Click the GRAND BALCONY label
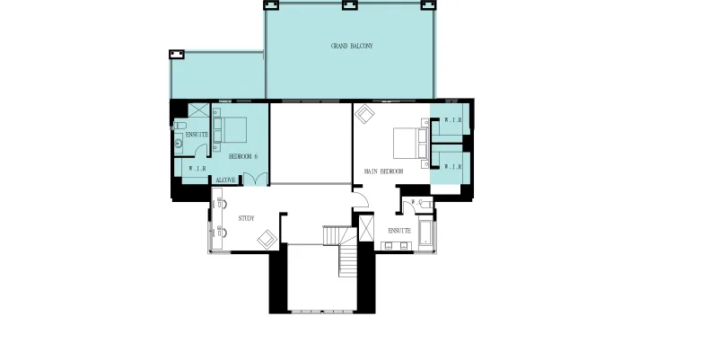[352, 46]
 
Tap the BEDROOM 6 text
[242, 156]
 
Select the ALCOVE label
[225, 180]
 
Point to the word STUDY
[246, 218]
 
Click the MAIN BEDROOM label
[383, 171]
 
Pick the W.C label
[416, 201]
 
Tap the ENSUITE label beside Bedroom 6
[197, 135]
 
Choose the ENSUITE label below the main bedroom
[399, 231]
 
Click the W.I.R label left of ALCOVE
[197, 169]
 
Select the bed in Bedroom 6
[230, 130]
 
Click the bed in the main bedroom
[411, 143]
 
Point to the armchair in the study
[267, 239]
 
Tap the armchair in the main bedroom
[365, 114]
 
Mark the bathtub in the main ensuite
[425, 235]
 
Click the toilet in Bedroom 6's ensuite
[179, 125]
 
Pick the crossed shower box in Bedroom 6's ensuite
[198, 110]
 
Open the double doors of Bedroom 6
[255, 179]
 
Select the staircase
[341, 250]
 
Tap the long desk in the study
[219, 219]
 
